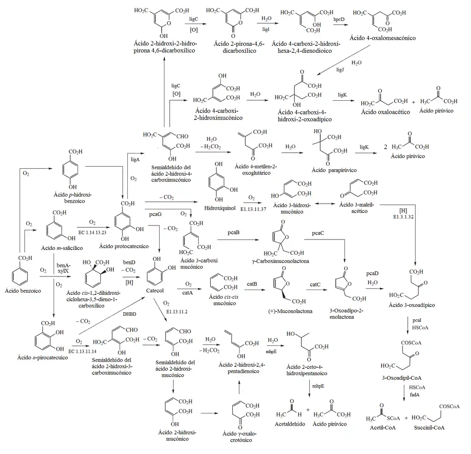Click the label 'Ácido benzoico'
pos(22,290)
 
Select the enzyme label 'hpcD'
pos(339,20)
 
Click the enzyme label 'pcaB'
pos(233,233)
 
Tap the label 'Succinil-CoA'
pos(430,427)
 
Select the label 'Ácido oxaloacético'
pos(386,112)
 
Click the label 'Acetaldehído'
pos(290,424)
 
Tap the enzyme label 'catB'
pos(252,284)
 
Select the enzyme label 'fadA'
pos(414,395)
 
